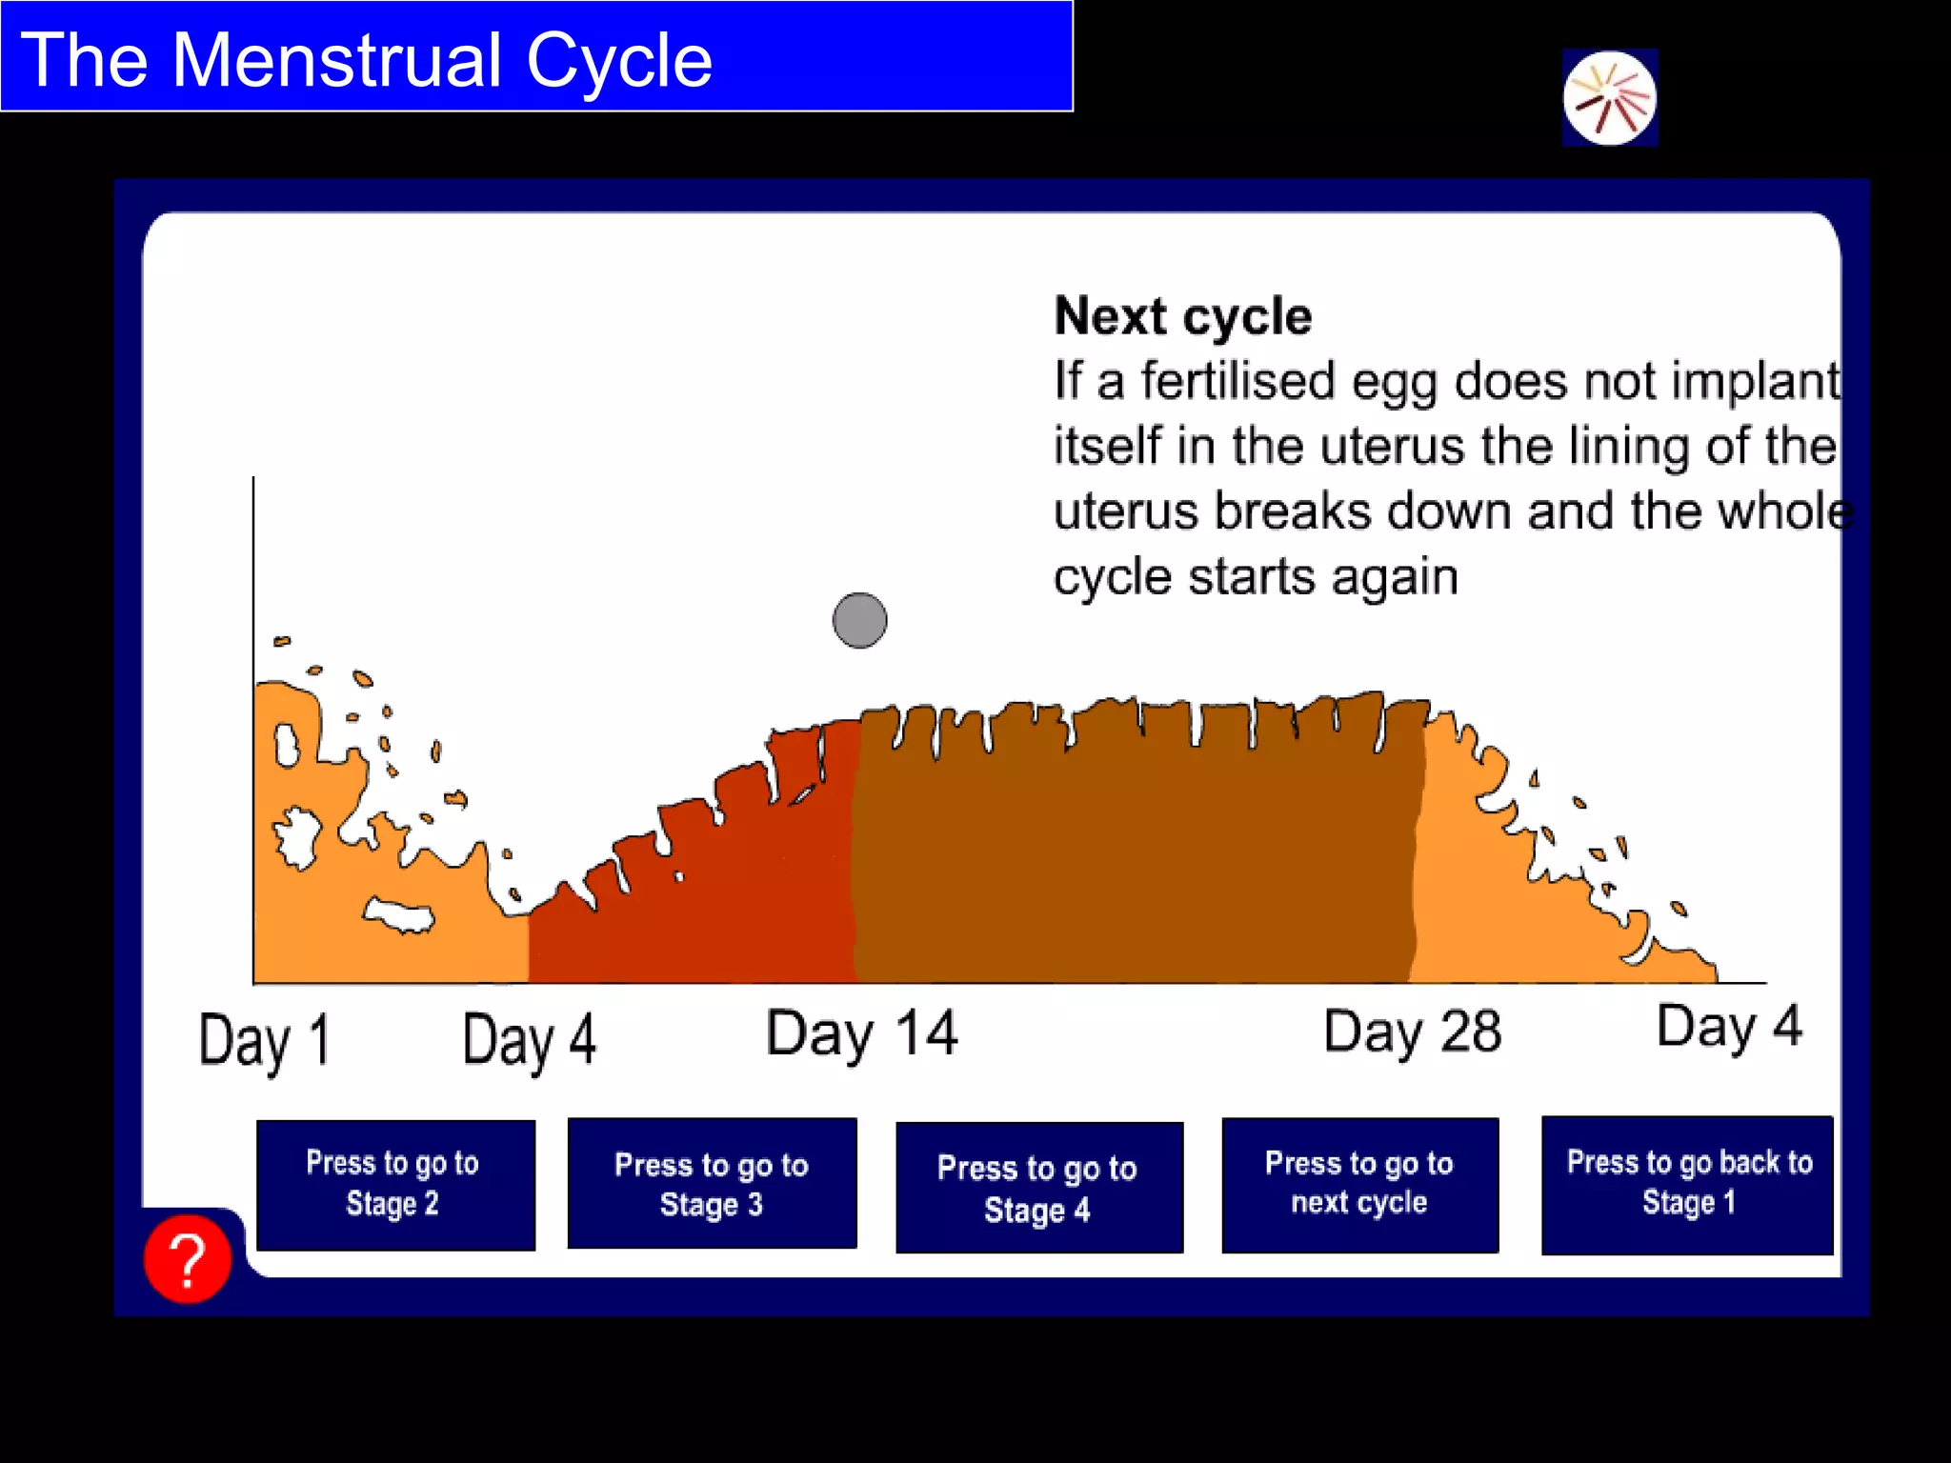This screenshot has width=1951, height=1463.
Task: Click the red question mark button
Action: pos(188,1258)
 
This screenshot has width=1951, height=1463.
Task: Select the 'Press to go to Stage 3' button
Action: pos(712,1184)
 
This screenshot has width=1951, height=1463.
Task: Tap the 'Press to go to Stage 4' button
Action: pos(1038,1188)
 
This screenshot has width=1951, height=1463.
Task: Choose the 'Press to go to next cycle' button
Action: pos(1359,1184)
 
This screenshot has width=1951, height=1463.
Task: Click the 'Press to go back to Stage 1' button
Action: pos(1687,1184)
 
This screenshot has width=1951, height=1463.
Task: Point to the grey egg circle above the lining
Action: pos(859,620)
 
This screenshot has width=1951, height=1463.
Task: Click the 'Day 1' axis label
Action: pos(265,1040)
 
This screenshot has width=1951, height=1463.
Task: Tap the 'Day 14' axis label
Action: pos(861,1033)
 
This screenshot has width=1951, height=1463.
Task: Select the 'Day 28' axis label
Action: pos(1412,1032)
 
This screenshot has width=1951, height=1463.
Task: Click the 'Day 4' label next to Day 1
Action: pos(530,1040)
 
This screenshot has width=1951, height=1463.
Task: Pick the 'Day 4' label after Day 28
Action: pos(1729,1027)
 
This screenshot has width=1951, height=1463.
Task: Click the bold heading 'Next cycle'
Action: pos(1182,316)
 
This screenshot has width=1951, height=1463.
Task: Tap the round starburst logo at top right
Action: pos(1610,98)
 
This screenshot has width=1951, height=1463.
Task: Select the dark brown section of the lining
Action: pos(1134,857)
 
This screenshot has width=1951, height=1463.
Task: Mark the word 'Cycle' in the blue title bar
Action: pos(618,60)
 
